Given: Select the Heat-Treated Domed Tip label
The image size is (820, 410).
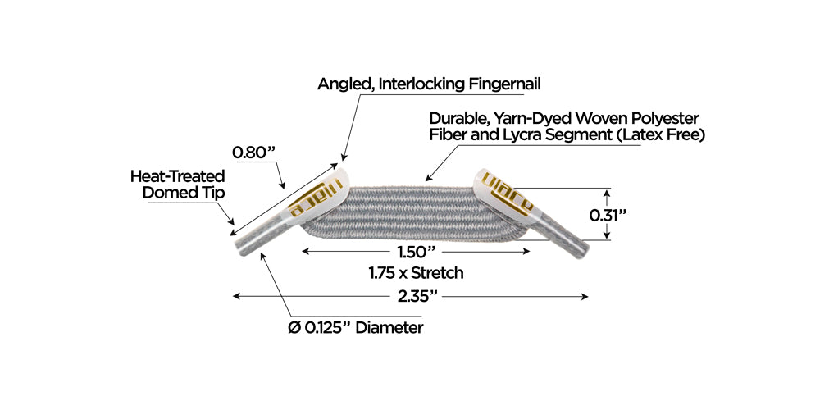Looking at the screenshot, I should pyautogui.click(x=177, y=184).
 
